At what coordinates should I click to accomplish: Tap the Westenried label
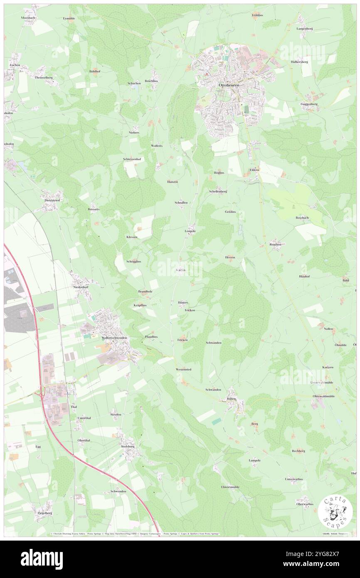pos(183,369)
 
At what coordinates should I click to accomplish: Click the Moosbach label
pos(28,18)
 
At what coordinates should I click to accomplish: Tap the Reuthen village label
pos(275,245)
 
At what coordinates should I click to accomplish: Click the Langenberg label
pos(304,28)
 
